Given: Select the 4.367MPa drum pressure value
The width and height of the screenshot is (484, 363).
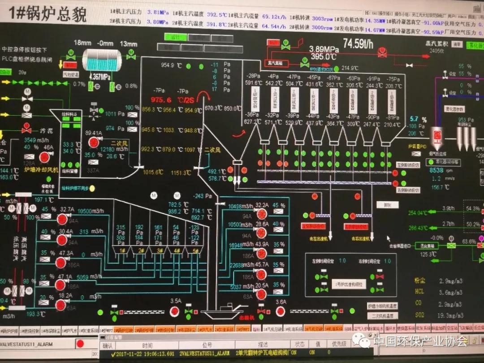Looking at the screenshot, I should (x=100, y=77).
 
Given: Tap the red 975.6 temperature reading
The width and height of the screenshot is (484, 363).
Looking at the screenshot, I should (x=161, y=100).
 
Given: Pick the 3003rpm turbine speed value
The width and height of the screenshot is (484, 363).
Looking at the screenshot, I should (x=322, y=18).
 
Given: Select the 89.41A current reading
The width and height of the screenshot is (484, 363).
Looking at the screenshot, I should (x=94, y=133).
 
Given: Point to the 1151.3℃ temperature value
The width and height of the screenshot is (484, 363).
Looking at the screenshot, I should (x=181, y=172).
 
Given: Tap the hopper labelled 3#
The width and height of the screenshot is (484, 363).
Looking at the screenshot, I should (x=159, y=251).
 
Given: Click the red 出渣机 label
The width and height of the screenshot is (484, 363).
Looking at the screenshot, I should (x=246, y=317).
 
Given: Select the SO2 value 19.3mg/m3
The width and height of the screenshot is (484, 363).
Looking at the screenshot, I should (x=450, y=315).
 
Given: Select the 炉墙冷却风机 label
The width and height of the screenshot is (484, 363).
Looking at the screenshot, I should (x=41, y=170).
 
